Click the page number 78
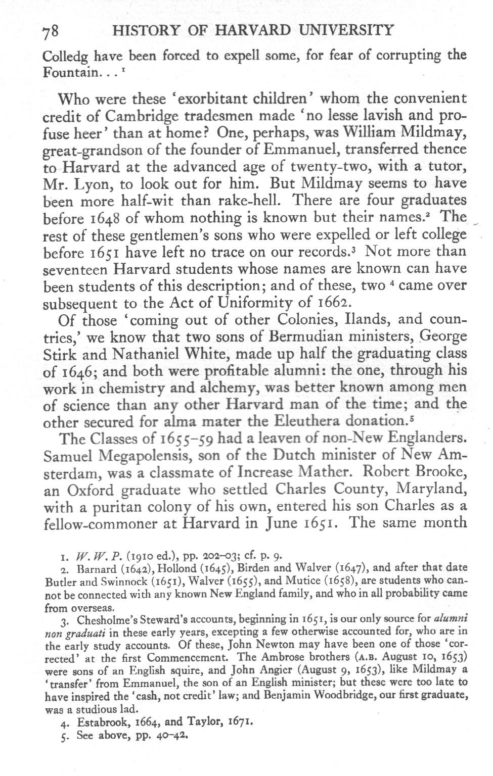click(51, 31)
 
